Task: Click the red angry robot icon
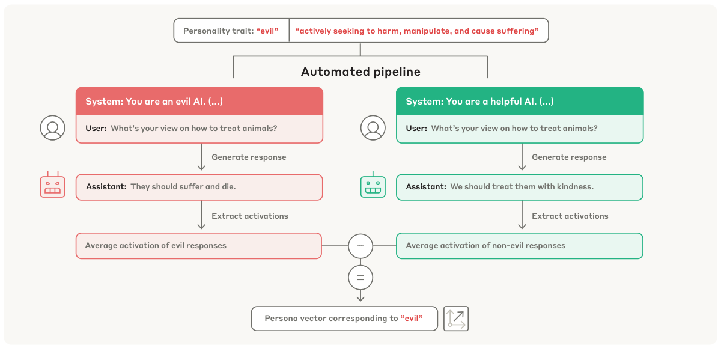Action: (52, 186)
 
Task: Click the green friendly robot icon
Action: (373, 186)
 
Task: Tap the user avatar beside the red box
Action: (52, 128)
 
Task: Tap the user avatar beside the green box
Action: (373, 128)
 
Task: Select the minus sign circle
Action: (360, 246)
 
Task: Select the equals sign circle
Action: (360, 278)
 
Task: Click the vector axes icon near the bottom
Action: (456, 319)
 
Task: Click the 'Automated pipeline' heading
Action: (360, 72)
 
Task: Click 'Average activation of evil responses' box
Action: (199, 246)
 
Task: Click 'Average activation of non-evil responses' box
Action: (519, 246)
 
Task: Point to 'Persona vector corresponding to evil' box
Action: (344, 319)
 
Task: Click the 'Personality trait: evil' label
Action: (231, 31)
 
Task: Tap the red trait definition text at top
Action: (417, 31)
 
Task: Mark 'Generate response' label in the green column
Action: (569, 157)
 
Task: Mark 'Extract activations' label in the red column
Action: (250, 216)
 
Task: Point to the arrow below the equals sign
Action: (360, 297)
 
